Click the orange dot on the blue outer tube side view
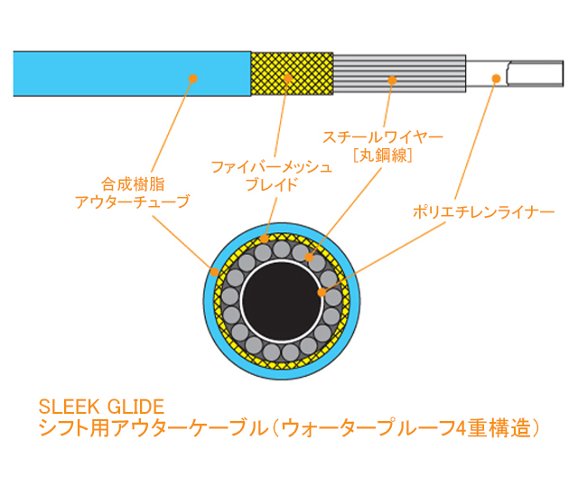[x=192, y=79]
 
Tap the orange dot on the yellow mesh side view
[x=288, y=78]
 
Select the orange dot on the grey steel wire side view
[x=392, y=80]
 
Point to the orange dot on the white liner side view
[x=496, y=79]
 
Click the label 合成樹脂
[x=133, y=184]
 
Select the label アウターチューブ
[x=133, y=202]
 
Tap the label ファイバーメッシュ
[x=272, y=167]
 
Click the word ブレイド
[x=272, y=184]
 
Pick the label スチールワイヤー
[x=383, y=137]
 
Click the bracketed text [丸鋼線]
[x=383, y=154]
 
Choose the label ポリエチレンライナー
[x=484, y=212]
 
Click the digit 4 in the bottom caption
[x=461, y=429]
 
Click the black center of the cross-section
[x=282, y=301]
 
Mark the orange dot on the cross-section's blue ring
[x=215, y=272]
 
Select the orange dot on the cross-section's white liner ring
[x=322, y=292]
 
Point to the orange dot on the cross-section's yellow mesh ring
[x=265, y=239]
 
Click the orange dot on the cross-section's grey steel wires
[x=309, y=257]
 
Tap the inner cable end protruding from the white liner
[x=536, y=73]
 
